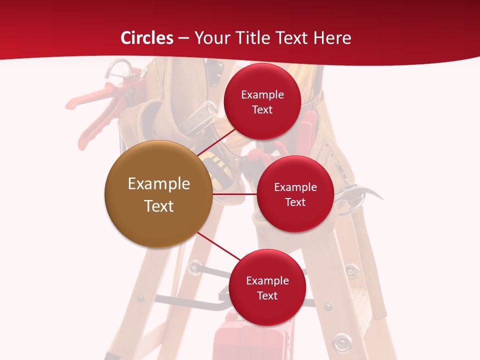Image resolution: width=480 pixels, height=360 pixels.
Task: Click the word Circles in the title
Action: [146, 38]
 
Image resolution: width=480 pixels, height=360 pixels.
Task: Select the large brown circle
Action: [158, 194]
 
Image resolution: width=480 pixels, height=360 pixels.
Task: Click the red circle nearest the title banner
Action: [262, 101]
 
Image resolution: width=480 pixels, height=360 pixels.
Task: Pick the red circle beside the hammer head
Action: [295, 194]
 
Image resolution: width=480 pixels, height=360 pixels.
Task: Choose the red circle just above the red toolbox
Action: [267, 287]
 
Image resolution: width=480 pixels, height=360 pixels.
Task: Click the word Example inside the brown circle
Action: [158, 184]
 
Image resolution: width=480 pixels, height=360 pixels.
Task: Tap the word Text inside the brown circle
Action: [158, 206]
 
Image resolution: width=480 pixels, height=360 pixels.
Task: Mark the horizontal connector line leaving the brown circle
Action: [235, 194]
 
